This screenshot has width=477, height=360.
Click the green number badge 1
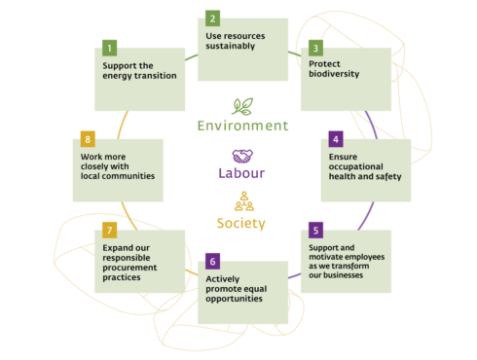(x=110, y=48)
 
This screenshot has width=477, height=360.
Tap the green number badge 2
(x=213, y=18)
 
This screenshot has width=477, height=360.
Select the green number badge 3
(x=315, y=47)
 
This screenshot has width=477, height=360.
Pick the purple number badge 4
(x=336, y=139)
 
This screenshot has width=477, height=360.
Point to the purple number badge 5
(x=315, y=231)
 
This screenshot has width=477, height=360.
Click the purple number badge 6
(x=213, y=261)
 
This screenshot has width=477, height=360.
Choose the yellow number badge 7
(x=110, y=231)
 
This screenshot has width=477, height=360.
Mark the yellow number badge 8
(x=88, y=139)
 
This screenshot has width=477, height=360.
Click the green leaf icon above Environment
(x=243, y=106)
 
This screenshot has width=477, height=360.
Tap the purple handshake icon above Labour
(x=242, y=156)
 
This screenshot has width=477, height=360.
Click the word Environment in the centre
(x=242, y=126)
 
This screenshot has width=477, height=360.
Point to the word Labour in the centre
(x=242, y=173)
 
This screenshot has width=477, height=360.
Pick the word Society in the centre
(x=241, y=224)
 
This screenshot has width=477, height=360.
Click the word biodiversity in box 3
(x=336, y=74)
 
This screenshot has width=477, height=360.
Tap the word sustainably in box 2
(x=232, y=46)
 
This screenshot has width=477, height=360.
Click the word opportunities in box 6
(x=238, y=298)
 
